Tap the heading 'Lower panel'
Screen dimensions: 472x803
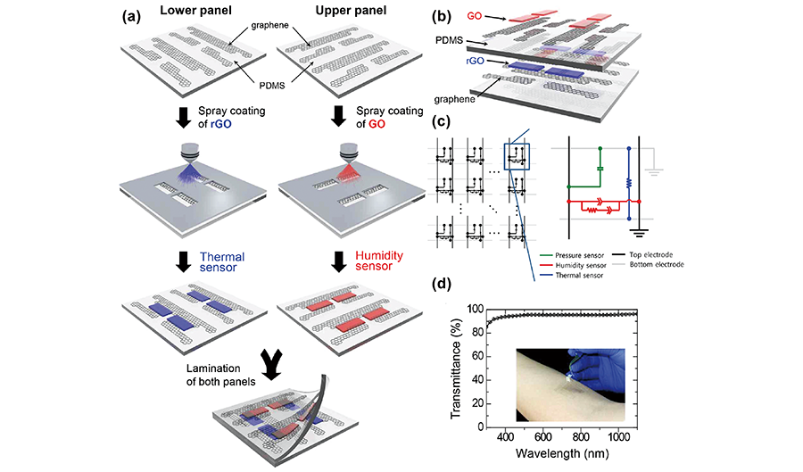(x=193, y=15)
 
